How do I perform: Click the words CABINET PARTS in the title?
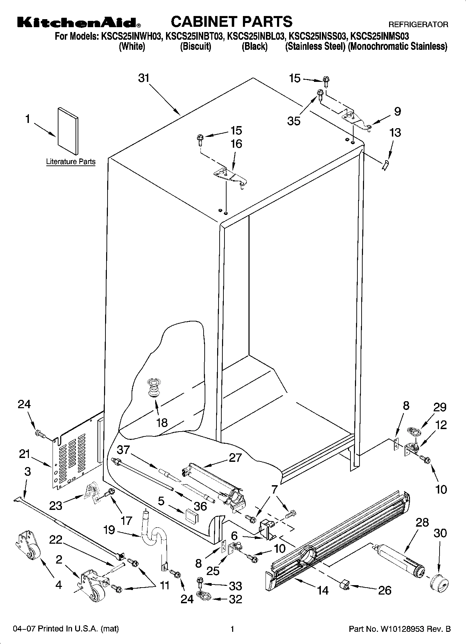[x=231, y=22]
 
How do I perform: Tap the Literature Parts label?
[x=71, y=162]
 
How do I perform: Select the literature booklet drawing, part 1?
[x=68, y=130]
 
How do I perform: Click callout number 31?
[x=144, y=78]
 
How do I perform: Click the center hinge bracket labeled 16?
[x=229, y=176]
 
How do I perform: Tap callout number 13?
[x=395, y=133]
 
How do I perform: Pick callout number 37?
[x=124, y=450]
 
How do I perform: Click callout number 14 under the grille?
[x=323, y=590]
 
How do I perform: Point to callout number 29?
[x=440, y=407]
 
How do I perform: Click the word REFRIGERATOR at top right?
[x=418, y=25]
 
